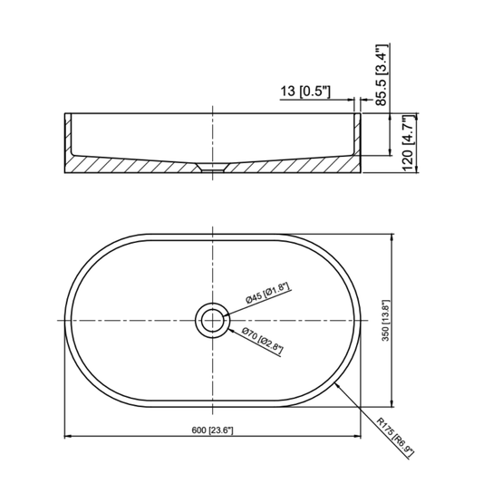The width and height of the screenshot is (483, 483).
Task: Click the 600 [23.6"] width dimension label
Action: point(211,430)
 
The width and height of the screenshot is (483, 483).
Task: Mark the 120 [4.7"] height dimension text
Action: point(409,143)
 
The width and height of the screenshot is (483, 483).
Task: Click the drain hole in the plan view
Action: point(212,319)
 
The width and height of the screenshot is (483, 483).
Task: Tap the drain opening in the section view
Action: point(212,168)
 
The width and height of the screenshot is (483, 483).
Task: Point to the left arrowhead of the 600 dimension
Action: point(69,438)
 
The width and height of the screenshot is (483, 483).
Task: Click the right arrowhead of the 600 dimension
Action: point(355,438)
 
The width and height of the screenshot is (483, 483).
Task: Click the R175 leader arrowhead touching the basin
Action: point(336,384)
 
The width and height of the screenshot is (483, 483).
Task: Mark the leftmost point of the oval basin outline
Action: point(63,319)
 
